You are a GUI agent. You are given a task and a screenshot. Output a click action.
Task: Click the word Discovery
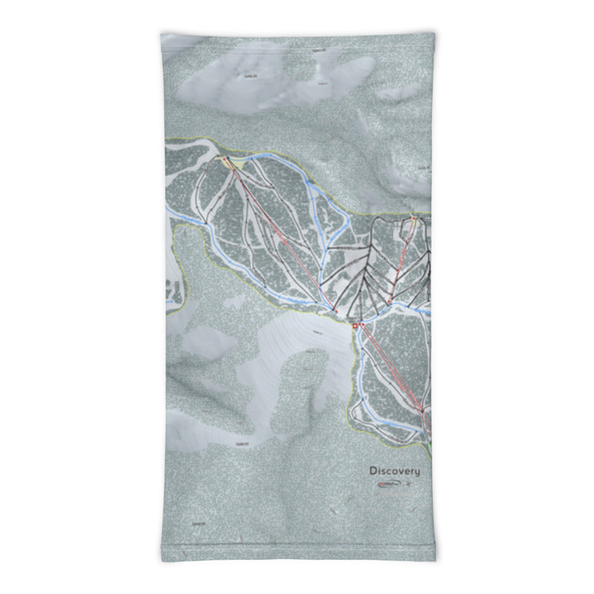pyautogui.click(x=394, y=471)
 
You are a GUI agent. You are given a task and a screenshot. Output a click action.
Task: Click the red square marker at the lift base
pyautogui.click(x=355, y=326)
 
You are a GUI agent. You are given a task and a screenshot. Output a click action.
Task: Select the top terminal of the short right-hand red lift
pyautogui.click(x=414, y=219)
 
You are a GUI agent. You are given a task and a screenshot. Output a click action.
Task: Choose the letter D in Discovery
pyautogui.click(x=373, y=471)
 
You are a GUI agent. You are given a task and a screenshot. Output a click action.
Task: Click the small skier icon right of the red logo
pyautogui.click(x=408, y=484)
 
